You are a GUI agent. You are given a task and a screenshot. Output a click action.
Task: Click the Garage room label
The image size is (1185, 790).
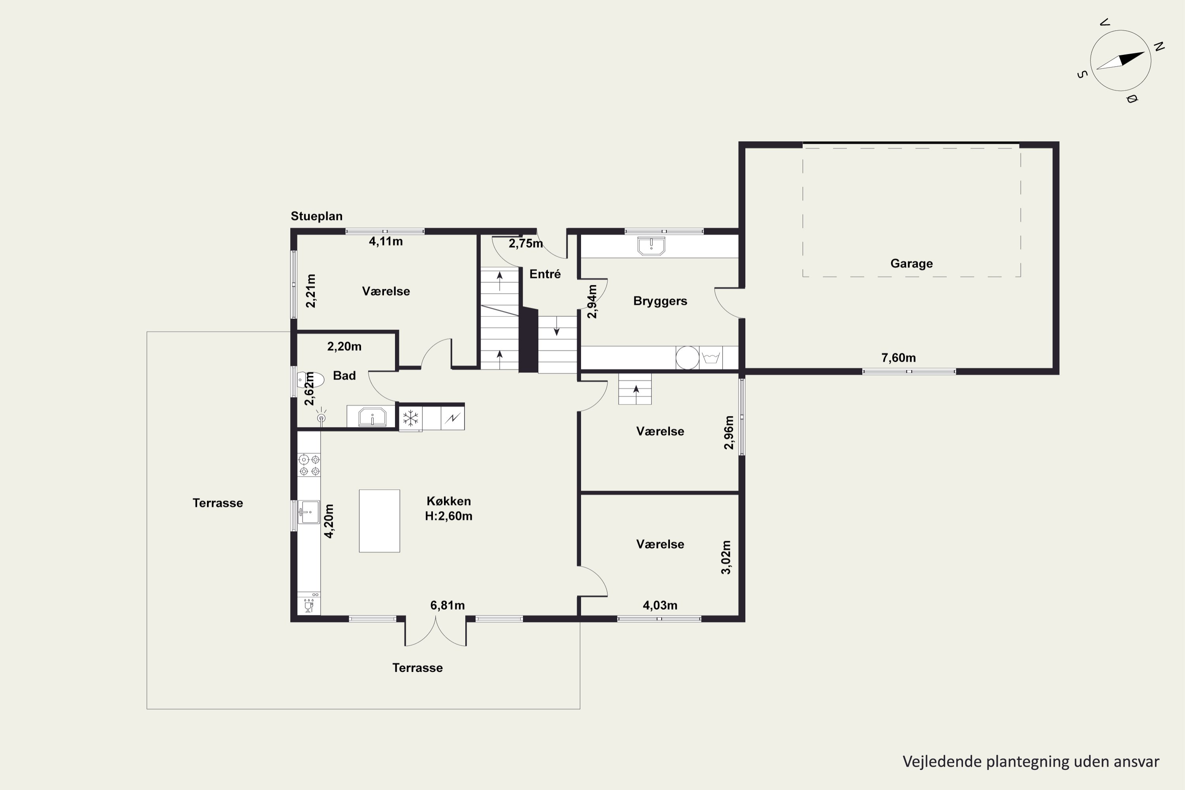911,263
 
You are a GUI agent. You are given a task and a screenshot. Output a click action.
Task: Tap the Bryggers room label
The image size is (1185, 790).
660,301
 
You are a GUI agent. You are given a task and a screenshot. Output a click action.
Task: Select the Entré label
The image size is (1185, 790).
545,274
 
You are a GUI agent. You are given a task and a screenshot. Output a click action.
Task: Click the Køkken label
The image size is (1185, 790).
448,501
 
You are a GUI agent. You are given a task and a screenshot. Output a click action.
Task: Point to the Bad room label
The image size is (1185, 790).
344,375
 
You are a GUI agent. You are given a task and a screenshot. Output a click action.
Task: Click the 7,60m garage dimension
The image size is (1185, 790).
898,358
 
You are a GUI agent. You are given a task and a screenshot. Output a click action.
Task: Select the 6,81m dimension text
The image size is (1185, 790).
448,605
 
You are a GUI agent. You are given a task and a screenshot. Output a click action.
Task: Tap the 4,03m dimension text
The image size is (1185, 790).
660,605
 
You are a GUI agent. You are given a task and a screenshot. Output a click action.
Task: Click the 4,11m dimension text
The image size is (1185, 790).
386,241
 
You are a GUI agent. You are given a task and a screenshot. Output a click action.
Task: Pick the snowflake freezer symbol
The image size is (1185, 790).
411,418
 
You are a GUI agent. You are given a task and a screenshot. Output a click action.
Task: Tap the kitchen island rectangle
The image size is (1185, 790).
379,521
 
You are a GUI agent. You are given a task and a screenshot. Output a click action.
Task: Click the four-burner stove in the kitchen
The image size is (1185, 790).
309,465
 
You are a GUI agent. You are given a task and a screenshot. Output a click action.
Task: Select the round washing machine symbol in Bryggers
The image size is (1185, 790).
687,358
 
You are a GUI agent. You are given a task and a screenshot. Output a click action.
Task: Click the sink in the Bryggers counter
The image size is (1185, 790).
651,247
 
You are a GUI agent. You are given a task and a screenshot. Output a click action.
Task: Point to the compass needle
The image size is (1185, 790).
1121,60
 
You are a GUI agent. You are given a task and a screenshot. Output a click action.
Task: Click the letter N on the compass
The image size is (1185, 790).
1159,47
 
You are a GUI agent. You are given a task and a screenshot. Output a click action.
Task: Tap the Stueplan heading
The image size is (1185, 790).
316,216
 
